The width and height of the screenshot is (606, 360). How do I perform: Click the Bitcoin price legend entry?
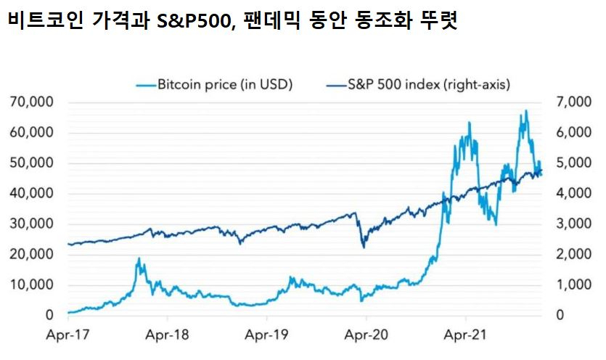point(214,84)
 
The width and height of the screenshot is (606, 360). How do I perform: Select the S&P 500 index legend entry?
point(419,84)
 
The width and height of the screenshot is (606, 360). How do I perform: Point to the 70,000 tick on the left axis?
point(32,102)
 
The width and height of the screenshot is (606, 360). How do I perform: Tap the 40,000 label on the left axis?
point(32,193)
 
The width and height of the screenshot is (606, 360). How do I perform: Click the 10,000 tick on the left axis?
point(32,285)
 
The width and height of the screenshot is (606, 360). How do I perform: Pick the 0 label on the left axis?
point(49,315)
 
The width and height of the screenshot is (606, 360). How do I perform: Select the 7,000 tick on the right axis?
point(574,102)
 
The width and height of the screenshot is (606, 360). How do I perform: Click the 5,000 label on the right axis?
point(574,163)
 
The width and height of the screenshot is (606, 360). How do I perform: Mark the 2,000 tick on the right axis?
point(574,255)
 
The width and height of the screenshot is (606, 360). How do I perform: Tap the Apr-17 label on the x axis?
point(67,335)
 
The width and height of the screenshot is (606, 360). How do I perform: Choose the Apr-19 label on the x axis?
point(266,335)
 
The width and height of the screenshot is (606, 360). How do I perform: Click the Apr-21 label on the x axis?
point(465,335)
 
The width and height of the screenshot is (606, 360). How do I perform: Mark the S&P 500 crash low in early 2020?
point(364,247)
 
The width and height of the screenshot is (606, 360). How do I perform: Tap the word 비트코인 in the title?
point(46,20)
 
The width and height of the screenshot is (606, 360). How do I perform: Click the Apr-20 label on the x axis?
point(366,335)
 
